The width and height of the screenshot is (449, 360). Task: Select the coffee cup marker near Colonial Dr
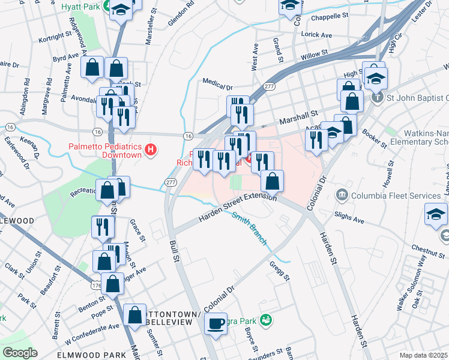point(215,324)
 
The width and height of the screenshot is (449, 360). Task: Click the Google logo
point(20,353)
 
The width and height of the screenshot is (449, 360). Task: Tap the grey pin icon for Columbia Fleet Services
point(343,194)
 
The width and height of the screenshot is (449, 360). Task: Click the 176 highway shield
point(96,286)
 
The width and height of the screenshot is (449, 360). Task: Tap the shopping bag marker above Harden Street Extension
point(273,181)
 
